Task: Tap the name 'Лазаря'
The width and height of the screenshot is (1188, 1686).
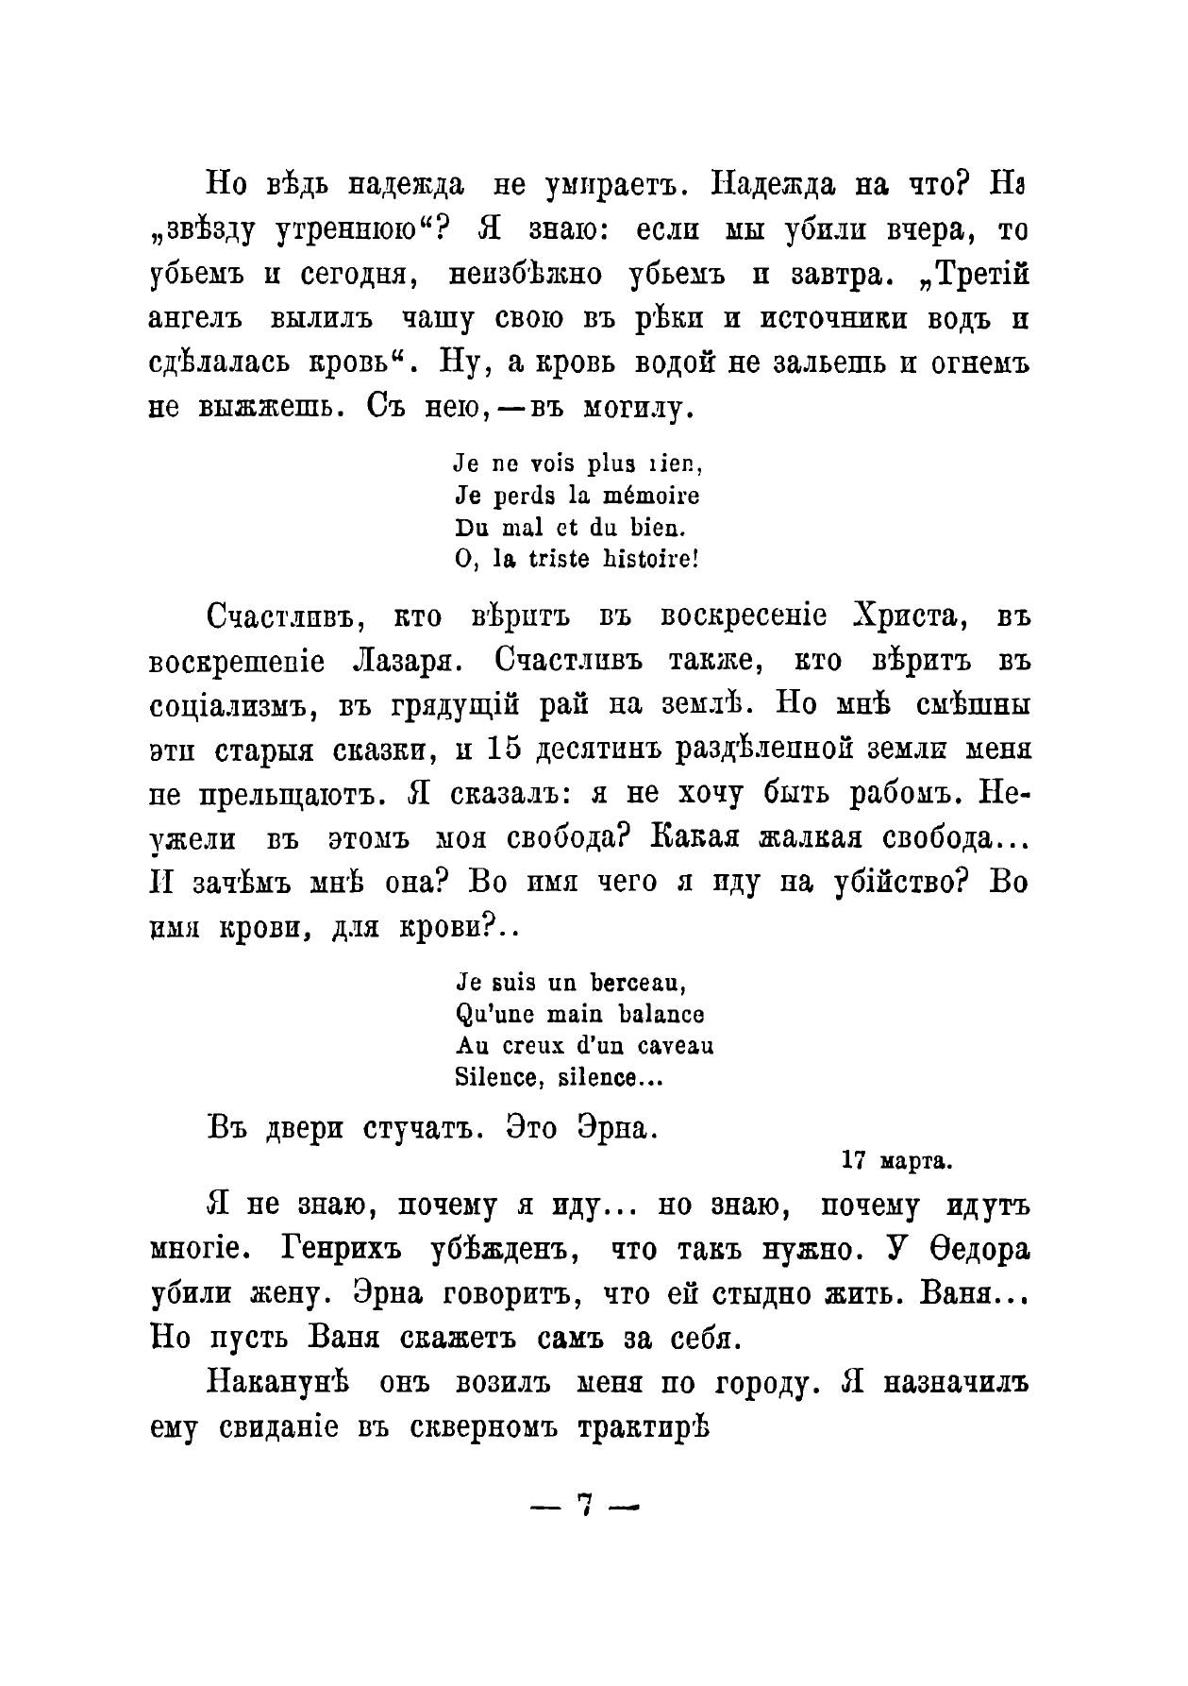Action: coord(404,662)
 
